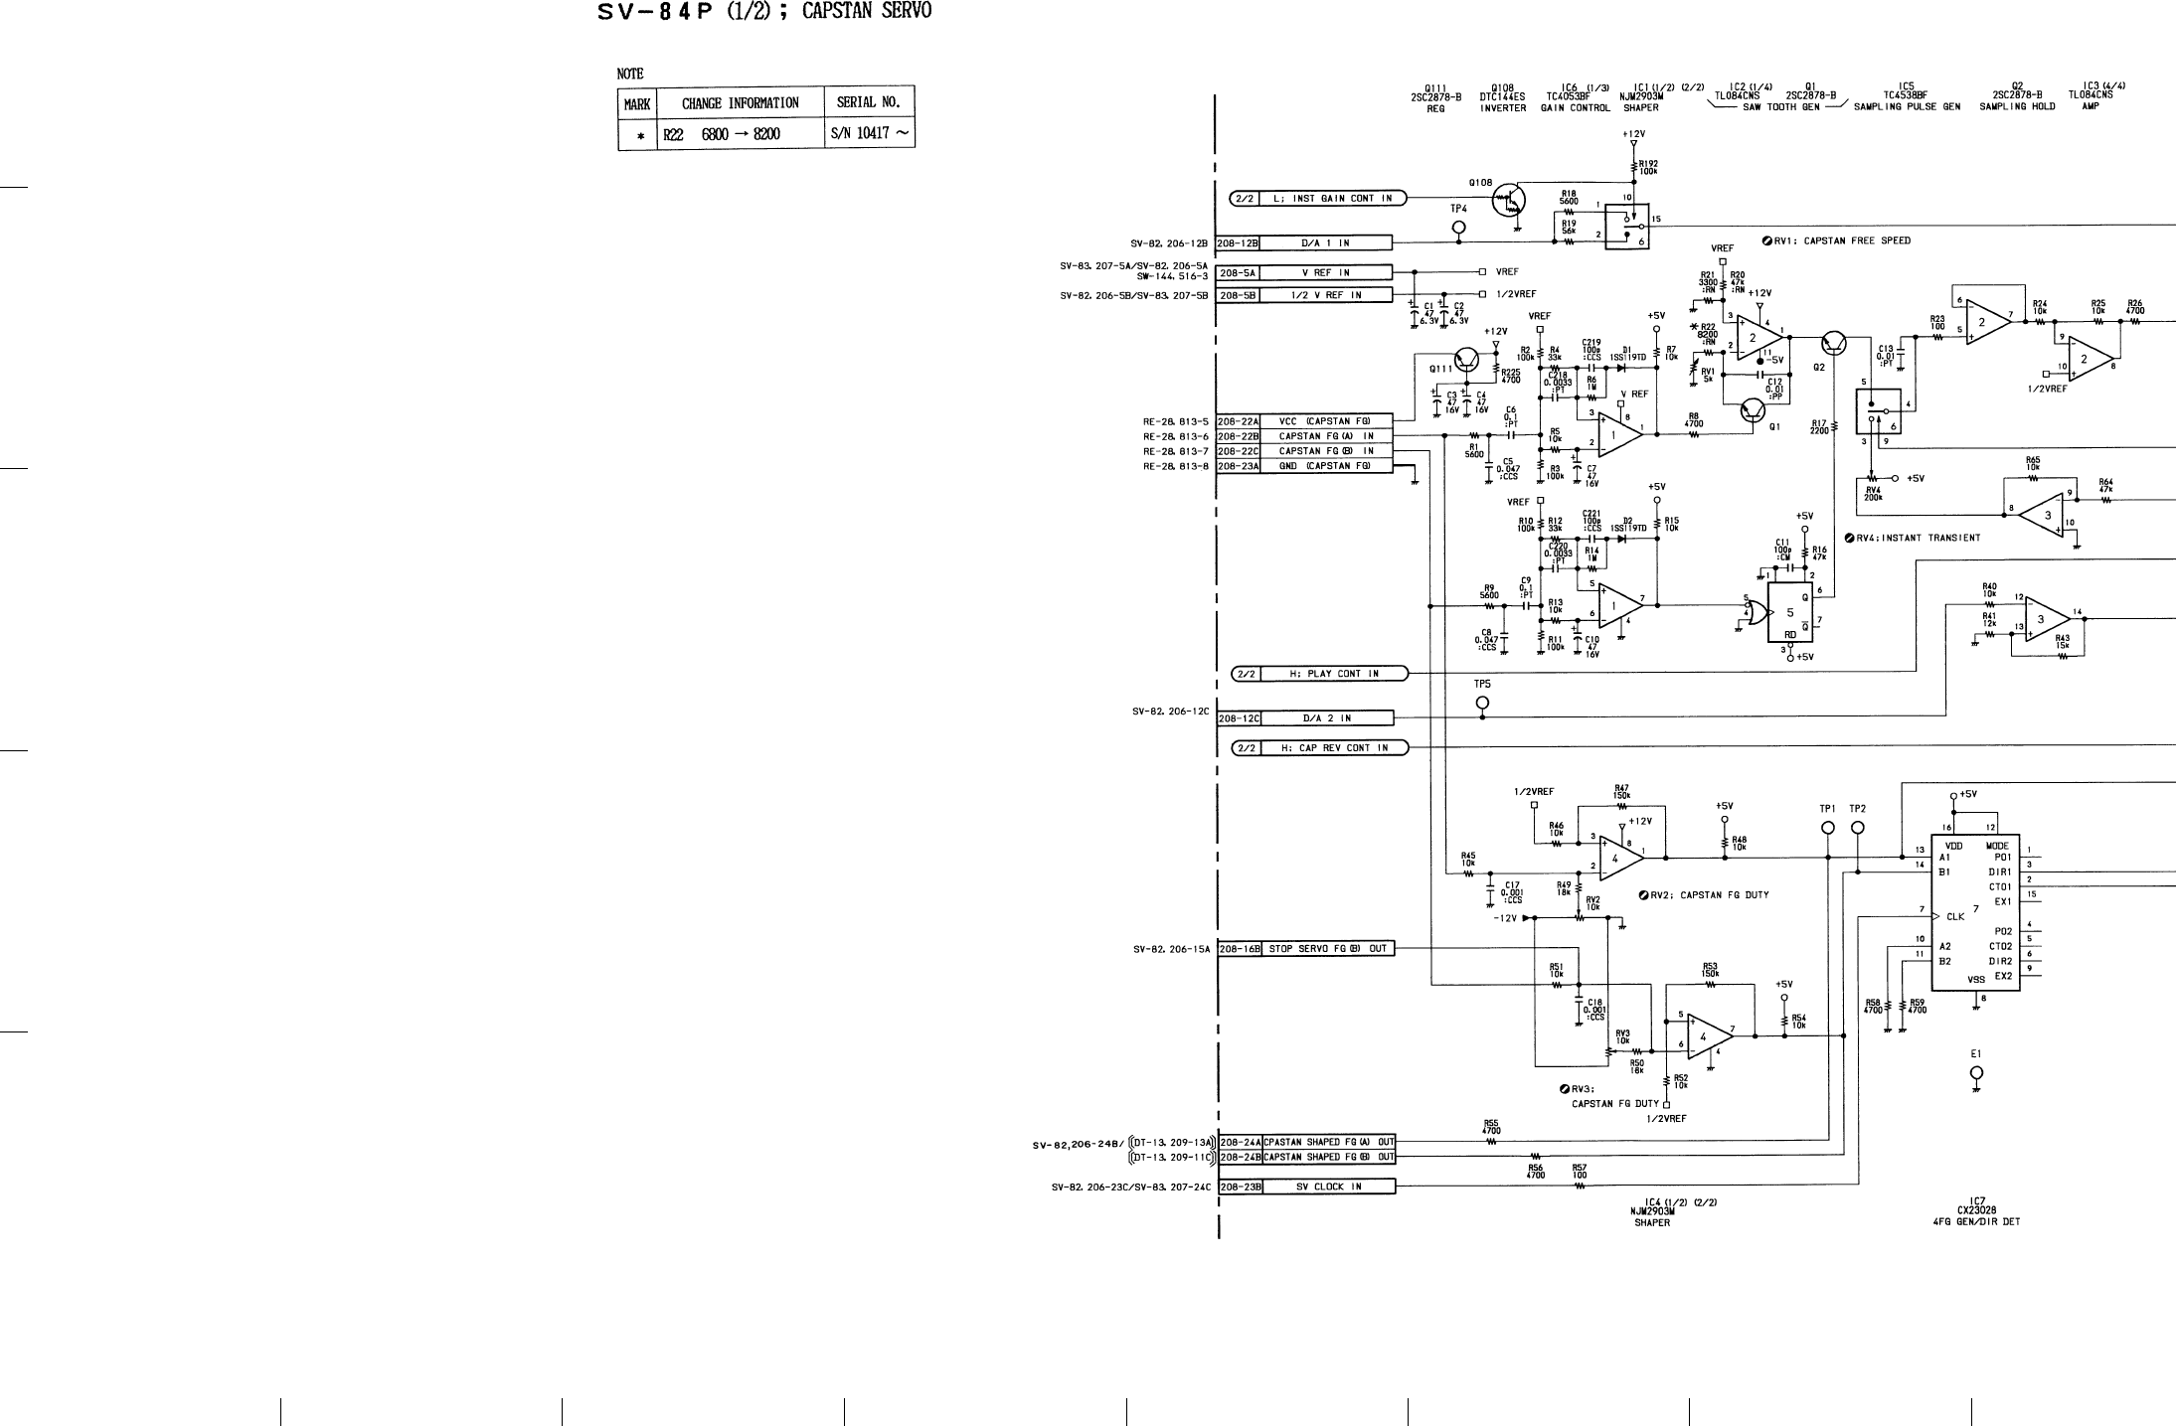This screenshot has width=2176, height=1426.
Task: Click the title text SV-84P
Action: pyautogui.click(x=655, y=13)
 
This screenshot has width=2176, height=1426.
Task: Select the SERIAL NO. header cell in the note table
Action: pyautogui.click(x=869, y=102)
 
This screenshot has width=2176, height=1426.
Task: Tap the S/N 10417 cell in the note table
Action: pyautogui.click(x=869, y=133)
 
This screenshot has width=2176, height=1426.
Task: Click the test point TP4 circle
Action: pyautogui.click(x=1458, y=228)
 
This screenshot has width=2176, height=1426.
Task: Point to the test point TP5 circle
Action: pyautogui.click(x=1482, y=703)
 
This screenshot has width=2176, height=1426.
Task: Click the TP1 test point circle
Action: pyautogui.click(x=1828, y=828)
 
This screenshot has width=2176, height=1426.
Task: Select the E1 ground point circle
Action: pyautogui.click(x=1976, y=1072)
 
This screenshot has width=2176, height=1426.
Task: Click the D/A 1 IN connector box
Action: pyautogui.click(x=1326, y=242)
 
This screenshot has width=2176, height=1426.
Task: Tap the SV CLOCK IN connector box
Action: pyautogui.click(x=1328, y=1187)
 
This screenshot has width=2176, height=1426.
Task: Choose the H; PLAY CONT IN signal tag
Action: pyautogui.click(x=1320, y=674)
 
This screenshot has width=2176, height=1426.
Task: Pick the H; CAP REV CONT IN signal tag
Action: pyautogui.click(x=1320, y=748)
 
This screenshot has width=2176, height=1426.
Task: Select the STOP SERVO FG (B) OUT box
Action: pyautogui.click(x=1327, y=949)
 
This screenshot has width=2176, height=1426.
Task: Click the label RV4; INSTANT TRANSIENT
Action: pyautogui.click(x=1912, y=538)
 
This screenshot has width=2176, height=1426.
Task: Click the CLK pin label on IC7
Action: pyautogui.click(x=1955, y=916)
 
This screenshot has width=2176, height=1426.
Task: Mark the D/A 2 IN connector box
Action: pyautogui.click(x=1326, y=718)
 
